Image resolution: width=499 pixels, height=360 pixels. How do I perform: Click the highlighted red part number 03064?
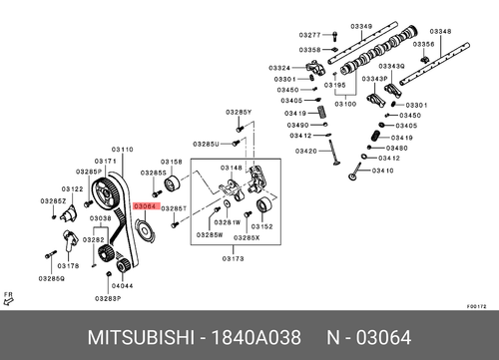146,204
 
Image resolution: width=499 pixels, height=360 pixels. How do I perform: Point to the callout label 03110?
122,149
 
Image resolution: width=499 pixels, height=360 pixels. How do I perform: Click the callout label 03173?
232,257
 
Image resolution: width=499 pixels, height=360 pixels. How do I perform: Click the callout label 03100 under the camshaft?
345,103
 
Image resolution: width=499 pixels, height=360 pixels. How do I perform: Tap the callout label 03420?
305,151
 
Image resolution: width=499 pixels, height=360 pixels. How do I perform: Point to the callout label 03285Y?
239,112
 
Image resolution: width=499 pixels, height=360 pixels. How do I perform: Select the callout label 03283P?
108,298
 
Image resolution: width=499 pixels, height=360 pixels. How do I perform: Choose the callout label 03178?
68,266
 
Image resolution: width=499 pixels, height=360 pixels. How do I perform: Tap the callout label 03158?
172,161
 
